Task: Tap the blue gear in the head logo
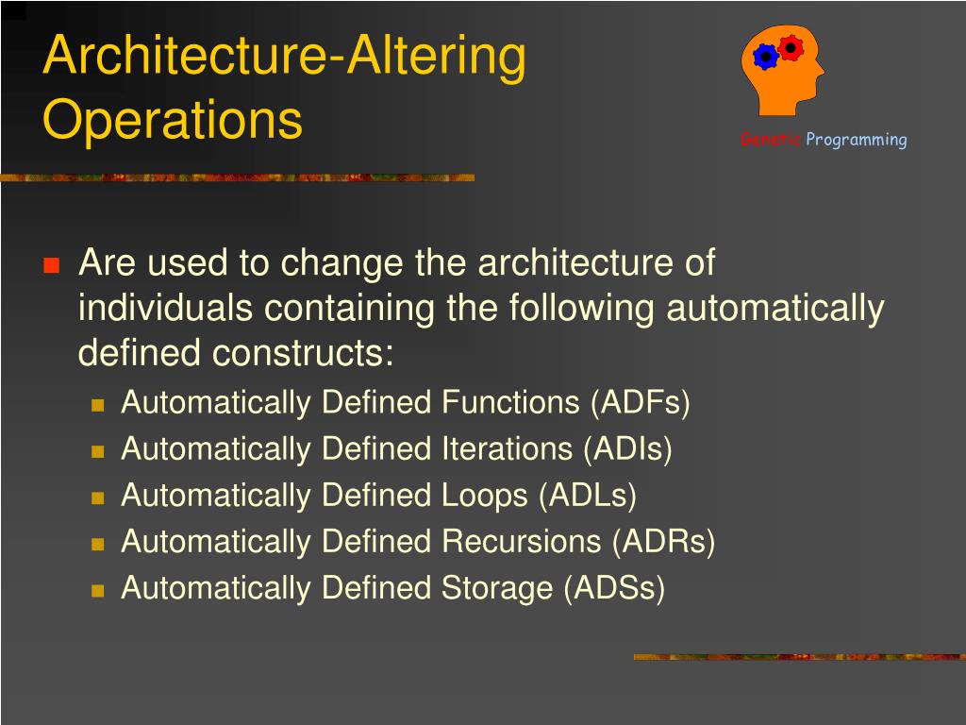(766, 58)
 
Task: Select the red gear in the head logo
(791, 47)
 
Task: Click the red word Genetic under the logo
(770, 140)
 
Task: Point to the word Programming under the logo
(857, 140)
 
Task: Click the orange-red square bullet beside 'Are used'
(52, 265)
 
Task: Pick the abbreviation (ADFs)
(641, 402)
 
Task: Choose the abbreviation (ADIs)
(627, 448)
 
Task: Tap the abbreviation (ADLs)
(588, 496)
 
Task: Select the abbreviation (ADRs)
(664, 542)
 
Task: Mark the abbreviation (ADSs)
(615, 588)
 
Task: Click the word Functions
(510, 402)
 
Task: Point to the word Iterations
(508, 448)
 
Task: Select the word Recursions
(521, 542)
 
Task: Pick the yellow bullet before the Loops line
(97, 497)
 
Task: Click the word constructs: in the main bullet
(303, 353)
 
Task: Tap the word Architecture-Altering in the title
(284, 56)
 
